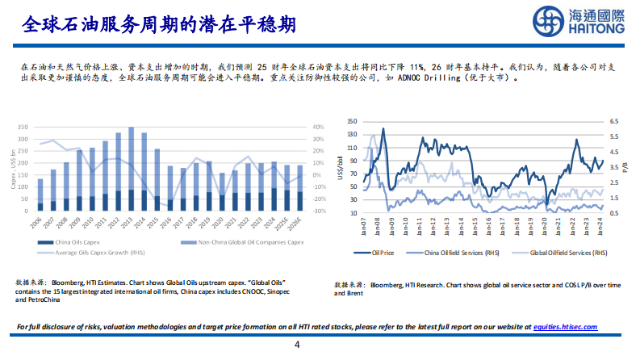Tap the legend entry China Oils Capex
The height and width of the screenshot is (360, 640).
click(x=77, y=241)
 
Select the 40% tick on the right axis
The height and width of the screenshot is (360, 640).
click(x=318, y=128)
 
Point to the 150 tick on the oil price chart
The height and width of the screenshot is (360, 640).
click(x=351, y=121)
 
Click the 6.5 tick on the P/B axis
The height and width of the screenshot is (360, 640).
click(x=613, y=121)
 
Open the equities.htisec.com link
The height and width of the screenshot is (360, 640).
click(x=565, y=326)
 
